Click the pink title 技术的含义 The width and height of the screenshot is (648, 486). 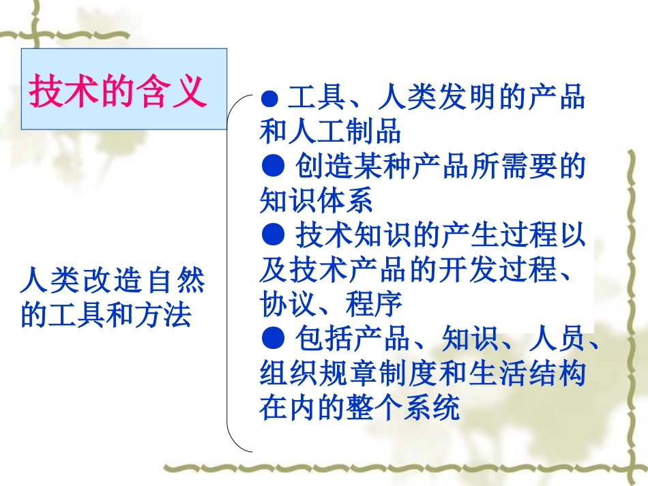pos(117,91)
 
